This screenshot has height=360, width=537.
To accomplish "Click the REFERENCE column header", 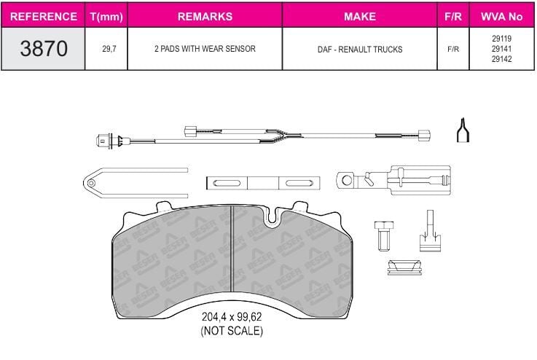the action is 44,17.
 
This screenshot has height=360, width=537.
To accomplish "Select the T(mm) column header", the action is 106,17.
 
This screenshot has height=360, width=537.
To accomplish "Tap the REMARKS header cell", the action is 205,17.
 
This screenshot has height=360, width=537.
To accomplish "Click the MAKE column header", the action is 360,17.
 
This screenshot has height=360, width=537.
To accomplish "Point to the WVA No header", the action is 502,17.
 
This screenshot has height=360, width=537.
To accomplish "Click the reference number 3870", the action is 44,48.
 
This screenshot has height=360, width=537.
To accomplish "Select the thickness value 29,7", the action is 109,49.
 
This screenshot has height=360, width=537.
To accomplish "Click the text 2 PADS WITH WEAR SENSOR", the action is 205,49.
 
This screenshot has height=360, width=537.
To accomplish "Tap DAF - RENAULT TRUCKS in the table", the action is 360,50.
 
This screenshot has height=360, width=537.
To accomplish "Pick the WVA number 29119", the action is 501,39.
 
